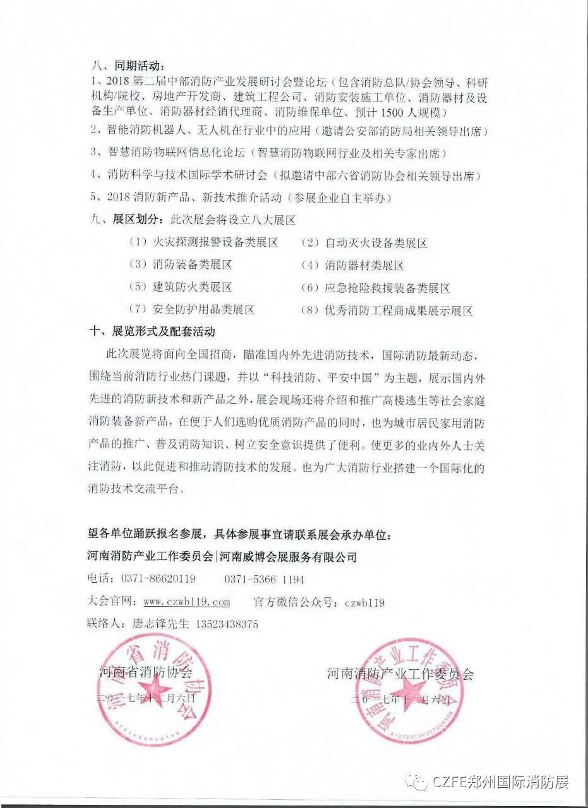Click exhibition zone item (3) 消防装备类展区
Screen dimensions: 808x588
tap(181, 265)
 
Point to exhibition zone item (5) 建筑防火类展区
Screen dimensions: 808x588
tap(181, 287)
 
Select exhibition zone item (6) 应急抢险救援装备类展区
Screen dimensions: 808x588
tap(375, 288)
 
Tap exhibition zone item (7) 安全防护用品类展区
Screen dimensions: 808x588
tap(192, 310)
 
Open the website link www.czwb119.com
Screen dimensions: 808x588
tap(187, 602)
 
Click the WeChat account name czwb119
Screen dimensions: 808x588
tap(364, 602)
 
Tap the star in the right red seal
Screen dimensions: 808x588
tap(413, 689)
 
